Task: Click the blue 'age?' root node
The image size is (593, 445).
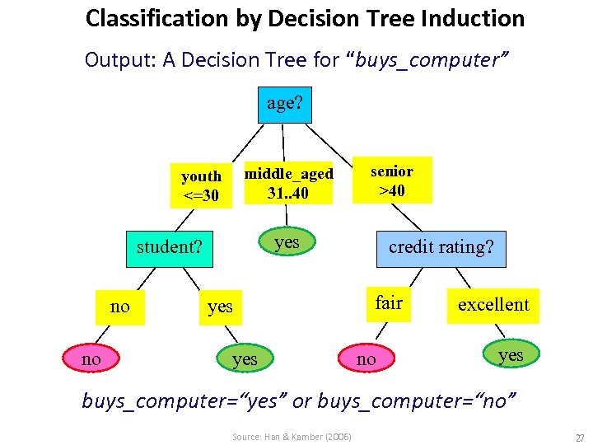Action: point(285,104)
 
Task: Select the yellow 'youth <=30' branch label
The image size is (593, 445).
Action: point(202,185)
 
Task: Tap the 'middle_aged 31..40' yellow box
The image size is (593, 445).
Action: point(289,184)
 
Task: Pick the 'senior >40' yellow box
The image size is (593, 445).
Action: point(391,181)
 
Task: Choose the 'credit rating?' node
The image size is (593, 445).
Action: point(441,247)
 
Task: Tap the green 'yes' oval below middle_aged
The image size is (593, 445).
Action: point(287,242)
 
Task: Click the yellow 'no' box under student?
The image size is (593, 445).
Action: point(119,307)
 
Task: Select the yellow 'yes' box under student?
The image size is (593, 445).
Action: point(220,307)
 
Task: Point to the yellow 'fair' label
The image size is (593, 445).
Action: point(389,303)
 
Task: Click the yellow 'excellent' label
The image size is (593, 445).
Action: point(493,305)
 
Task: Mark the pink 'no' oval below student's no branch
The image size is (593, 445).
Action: point(91,358)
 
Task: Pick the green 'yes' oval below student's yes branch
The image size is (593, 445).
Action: point(245,358)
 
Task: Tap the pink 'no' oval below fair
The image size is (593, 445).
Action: point(367,358)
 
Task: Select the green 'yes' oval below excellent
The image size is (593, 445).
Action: point(511,354)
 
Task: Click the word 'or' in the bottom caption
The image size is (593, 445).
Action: point(301,400)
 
